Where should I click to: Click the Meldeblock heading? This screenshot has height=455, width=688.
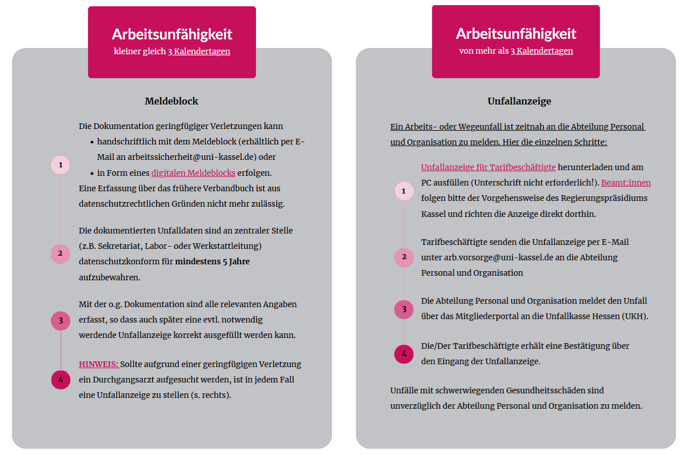[x=171, y=101]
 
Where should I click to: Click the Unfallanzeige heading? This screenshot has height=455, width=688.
[x=519, y=101]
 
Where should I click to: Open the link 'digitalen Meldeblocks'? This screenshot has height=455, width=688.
[x=193, y=172]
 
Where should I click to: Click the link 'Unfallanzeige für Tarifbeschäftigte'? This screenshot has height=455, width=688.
[x=488, y=167]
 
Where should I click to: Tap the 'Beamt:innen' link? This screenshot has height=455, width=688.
[x=626, y=183]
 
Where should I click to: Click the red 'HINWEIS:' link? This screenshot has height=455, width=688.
[x=99, y=364]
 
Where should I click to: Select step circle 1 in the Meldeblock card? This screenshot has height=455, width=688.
[x=61, y=165]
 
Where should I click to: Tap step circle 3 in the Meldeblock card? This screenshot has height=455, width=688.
[x=61, y=320]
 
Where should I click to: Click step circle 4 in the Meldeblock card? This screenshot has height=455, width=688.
[x=61, y=380]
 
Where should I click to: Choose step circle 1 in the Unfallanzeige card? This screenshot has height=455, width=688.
[x=404, y=191]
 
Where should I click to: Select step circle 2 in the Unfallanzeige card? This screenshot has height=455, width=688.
[x=404, y=257]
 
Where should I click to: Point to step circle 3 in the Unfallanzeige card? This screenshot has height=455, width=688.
[x=404, y=309]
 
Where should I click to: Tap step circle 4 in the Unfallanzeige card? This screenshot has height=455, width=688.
[x=404, y=354]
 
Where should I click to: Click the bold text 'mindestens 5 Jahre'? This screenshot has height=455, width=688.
[x=212, y=261]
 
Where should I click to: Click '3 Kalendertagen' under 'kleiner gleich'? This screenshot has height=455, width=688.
[x=199, y=51]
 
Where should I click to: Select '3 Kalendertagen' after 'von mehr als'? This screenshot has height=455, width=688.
[x=542, y=51]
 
